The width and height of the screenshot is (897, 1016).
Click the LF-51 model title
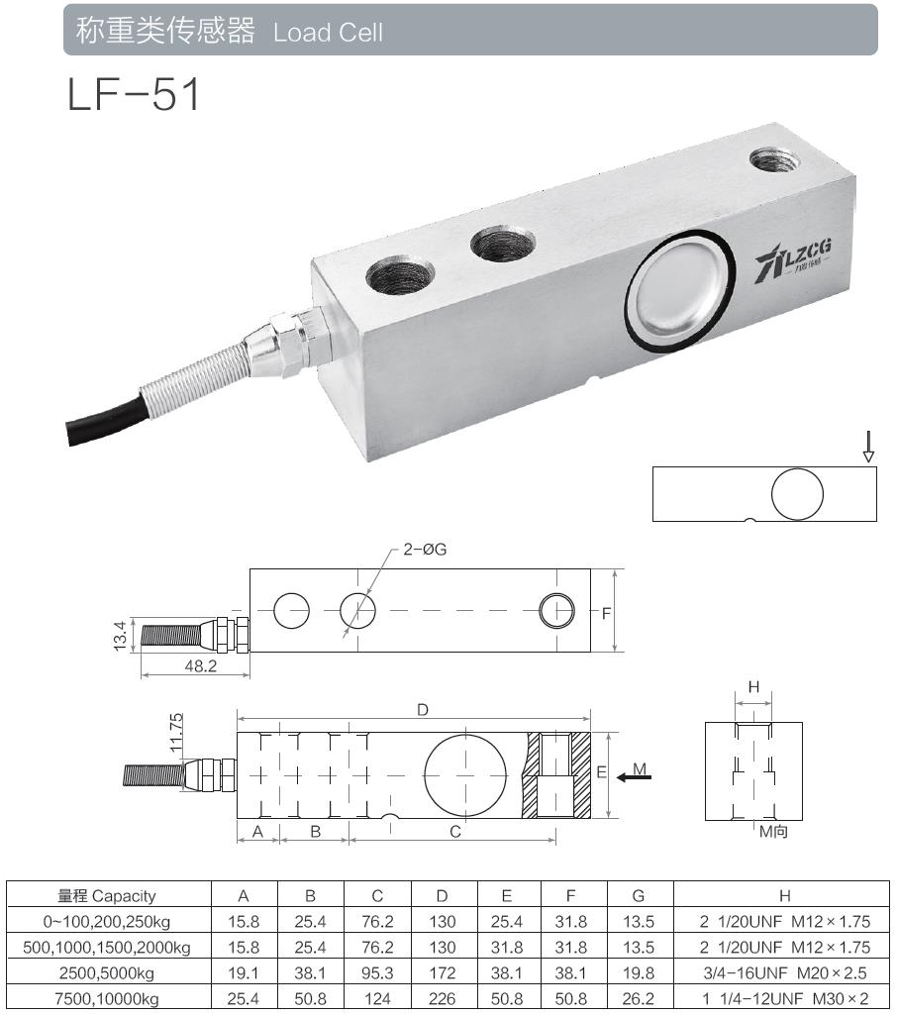click(135, 95)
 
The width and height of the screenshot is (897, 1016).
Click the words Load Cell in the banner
click(328, 32)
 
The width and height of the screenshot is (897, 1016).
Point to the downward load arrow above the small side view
click(868, 446)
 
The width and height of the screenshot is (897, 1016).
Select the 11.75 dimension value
click(177, 734)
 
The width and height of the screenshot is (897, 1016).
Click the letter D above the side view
click(422, 710)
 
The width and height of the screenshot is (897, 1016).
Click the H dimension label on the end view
click(753, 687)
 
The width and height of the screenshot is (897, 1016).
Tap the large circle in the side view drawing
click(465, 773)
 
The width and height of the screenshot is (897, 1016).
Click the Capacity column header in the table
click(107, 896)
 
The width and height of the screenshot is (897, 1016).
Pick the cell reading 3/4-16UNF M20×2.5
click(784, 973)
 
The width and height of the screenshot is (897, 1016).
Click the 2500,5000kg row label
click(107, 973)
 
